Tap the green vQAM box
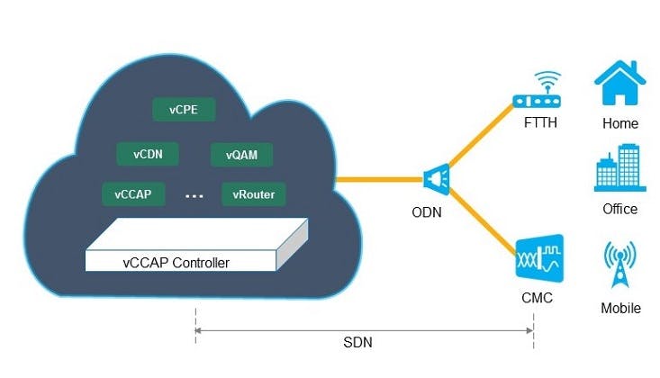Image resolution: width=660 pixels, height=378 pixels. tap(241, 155)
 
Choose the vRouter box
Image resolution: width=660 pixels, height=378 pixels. tap(253, 193)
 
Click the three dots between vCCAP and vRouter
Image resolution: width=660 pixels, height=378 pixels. tap(194, 194)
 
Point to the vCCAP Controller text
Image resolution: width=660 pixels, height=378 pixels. tap(176, 263)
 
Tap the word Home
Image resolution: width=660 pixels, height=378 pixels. tap(620, 123)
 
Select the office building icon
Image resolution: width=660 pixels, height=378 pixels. tap(619, 169)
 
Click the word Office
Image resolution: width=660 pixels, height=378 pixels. tap(619, 209)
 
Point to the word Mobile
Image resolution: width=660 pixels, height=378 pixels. tap(620, 308)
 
